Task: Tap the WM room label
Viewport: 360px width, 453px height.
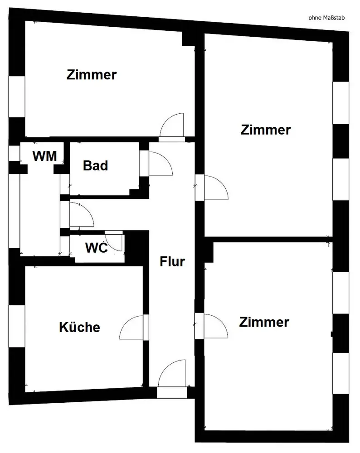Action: tap(45, 156)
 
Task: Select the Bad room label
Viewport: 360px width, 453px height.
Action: tap(96, 166)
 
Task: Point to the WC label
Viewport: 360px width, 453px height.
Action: tap(96, 248)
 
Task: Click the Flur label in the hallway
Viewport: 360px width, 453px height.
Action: tap(172, 261)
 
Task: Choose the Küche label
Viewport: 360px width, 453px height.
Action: tap(79, 327)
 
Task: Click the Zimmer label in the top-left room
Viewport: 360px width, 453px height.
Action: tap(92, 75)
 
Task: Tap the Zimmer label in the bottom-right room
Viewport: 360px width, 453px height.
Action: tap(264, 322)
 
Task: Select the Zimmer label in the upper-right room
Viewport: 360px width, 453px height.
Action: tap(266, 130)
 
